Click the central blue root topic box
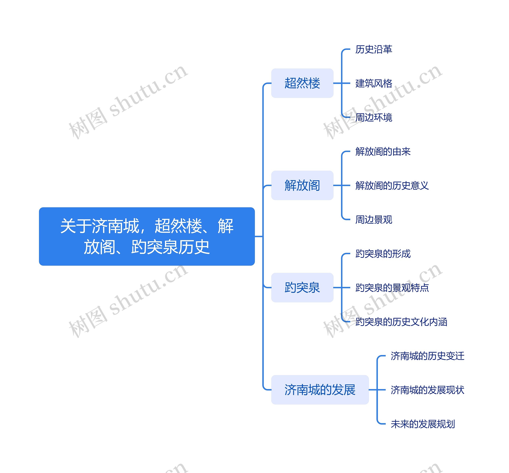(x=147, y=236)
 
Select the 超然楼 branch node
(x=302, y=83)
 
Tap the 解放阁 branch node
(x=302, y=185)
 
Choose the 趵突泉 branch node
(x=302, y=288)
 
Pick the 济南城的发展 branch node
(x=320, y=390)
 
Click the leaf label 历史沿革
(x=374, y=49)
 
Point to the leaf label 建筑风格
(x=374, y=83)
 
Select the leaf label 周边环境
(x=374, y=117)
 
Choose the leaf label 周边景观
(x=374, y=220)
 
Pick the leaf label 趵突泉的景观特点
(x=392, y=288)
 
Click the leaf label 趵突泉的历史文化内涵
(x=401, y=322)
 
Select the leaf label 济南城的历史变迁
(x=427, y=356)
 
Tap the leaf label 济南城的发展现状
(x=427, y=390)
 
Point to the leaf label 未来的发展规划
(x=423, y=424)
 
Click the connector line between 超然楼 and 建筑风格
(x=342, y=83)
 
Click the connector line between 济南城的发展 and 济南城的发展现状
(x=377, y=390)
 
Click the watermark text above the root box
(x=128, y=102)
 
